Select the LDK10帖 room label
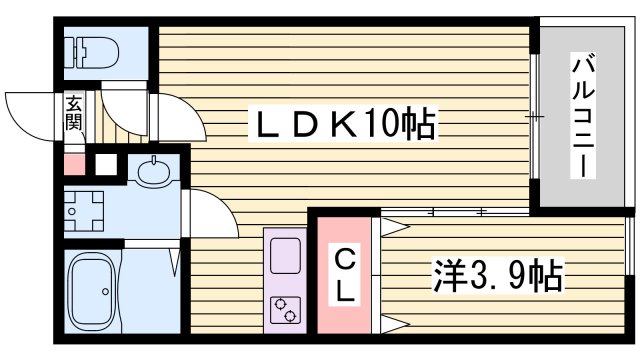coord(339,124)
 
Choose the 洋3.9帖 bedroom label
coord(496,273)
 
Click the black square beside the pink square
coord(103,164)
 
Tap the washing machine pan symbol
coord(83,210)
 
